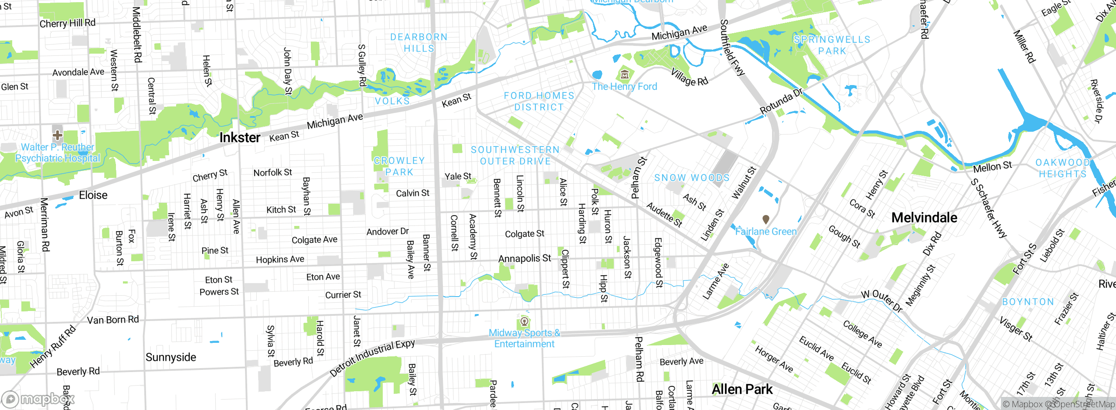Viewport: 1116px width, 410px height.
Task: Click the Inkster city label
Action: point(240,138)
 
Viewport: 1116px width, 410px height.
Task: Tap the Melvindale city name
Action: point(924,218)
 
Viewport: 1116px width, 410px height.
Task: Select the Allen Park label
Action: point(742,389)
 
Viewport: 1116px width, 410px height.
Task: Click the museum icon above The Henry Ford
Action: point(625,74)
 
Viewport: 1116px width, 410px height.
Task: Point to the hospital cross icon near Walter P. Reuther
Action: point(58,135)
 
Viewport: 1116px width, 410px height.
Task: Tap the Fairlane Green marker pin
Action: point(766,219)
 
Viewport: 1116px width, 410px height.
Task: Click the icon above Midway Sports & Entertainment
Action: point(524,322)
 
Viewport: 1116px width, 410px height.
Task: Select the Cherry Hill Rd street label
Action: point(68,23)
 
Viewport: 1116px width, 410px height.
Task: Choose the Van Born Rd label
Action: point(113,320)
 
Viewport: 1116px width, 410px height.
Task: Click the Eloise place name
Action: point(93,195)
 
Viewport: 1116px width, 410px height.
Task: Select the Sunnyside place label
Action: point(171,357)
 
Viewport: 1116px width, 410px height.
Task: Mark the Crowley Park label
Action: point(399,166)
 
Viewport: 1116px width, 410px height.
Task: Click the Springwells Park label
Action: point(832,45)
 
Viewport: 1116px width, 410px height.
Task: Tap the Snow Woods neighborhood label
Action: point(691,178)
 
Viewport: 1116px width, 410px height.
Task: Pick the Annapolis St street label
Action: point(524,259)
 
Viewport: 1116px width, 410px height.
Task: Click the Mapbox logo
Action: point(38,399)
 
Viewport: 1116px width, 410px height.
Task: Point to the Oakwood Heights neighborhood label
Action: point(1062,168)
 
